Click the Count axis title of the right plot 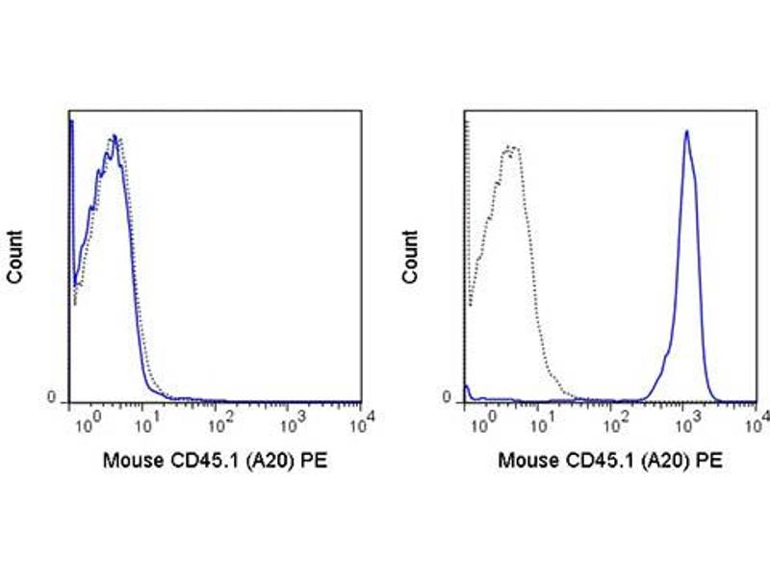pos(412,257)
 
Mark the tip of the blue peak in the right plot pos(686,131)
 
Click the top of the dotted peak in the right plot pos(511,146)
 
